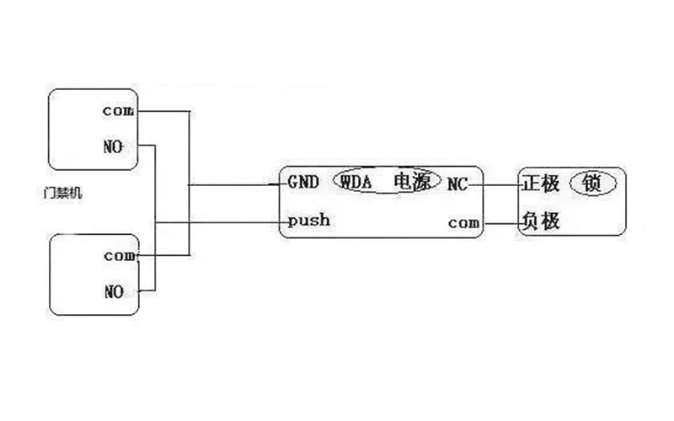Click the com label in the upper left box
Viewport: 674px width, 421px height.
117,110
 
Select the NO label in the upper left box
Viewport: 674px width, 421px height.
114,146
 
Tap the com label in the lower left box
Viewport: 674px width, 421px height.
119,255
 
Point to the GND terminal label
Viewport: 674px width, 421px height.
303,181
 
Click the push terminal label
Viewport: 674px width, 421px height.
308,221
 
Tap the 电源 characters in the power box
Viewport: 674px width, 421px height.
412,181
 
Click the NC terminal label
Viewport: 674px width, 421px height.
458,182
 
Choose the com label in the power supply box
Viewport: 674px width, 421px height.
463,223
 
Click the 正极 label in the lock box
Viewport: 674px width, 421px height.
542,182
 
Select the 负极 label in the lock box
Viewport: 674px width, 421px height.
542,222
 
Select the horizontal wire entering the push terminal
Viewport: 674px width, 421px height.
219,222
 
